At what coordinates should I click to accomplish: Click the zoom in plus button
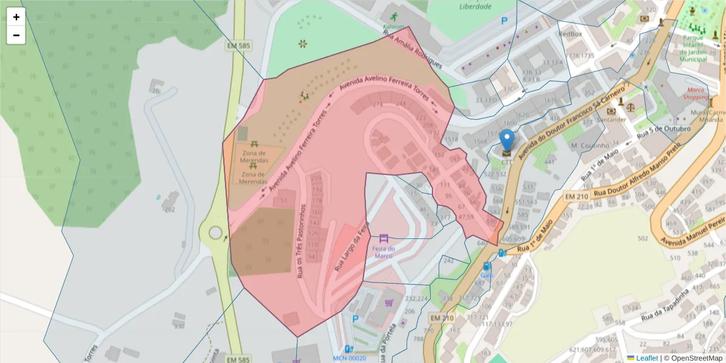pos(16,17)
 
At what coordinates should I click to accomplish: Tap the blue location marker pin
pos(507,140)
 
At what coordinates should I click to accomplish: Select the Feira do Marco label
pos(384,252)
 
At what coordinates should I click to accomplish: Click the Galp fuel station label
pos(487,275)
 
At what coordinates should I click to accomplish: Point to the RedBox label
pos(570,34)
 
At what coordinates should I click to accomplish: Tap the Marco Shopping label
pos(696,93)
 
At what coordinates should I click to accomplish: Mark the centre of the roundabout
pos(215,232)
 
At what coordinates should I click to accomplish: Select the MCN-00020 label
pos(349,358)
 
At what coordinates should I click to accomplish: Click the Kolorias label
pos(393,27)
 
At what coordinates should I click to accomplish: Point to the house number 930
pos(178,325)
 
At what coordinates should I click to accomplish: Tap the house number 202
pos(169,209)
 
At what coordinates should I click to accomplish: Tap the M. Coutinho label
pos(589,146)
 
